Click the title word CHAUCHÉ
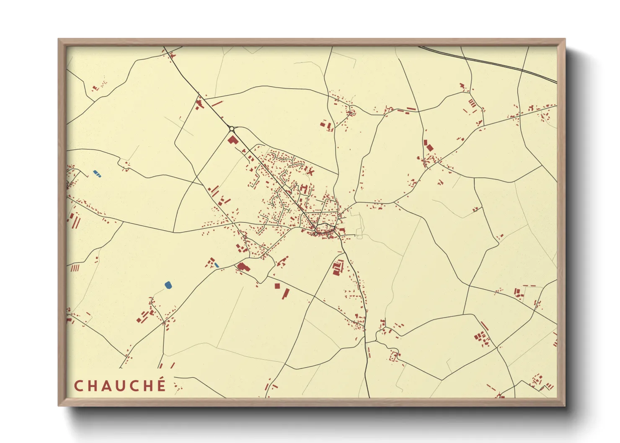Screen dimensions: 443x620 point(120,386)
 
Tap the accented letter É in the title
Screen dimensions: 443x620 point(161,385)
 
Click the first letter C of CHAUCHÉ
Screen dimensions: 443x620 point(78,386)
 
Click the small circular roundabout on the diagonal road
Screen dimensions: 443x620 point(231,129)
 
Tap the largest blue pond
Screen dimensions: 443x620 point(168,285)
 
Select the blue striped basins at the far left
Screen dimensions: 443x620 point(97,173)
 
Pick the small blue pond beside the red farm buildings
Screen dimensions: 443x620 point(217,265)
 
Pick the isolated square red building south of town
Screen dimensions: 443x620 point(277,286)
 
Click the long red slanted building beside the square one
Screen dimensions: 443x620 point(285,293)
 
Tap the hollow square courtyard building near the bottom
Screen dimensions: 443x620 point(393,357)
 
